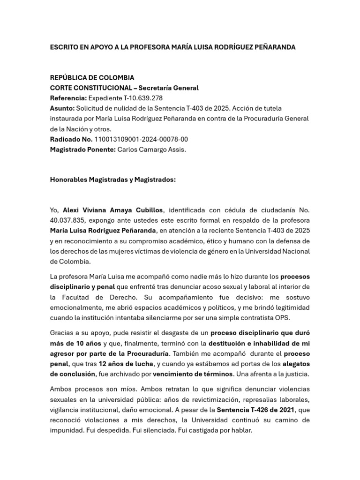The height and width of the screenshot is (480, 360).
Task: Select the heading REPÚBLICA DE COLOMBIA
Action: coord(92,77)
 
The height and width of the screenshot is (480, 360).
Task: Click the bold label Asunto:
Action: coord(62,108)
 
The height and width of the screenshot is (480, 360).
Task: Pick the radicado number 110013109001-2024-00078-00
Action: coord(141,139)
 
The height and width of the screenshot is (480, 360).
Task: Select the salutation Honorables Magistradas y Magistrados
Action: coord(112,179)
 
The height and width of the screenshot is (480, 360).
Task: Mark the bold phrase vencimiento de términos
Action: coord(193,374)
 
